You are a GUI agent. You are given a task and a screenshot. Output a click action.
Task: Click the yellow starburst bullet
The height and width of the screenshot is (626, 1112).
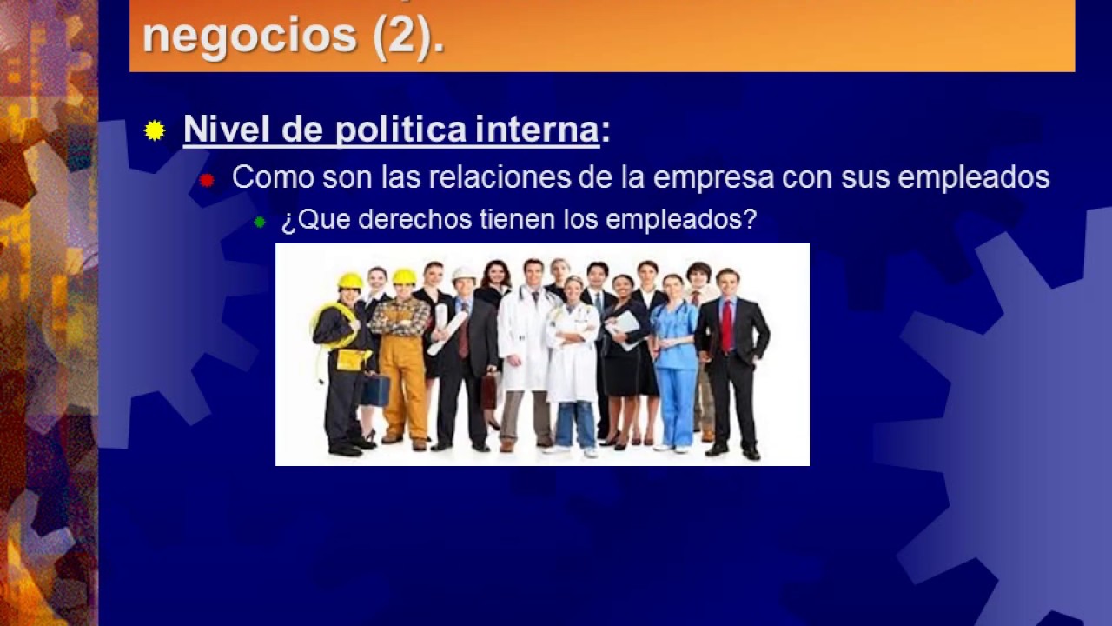click(x=155, y=130)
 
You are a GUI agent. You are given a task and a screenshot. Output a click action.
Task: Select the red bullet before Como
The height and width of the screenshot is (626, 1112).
click(x=207, y=180)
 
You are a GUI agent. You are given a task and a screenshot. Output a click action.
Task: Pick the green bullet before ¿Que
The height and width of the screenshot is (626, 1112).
click(x=259, y=222)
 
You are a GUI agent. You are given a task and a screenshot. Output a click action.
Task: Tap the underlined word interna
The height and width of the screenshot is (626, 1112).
click(x=537, y=130)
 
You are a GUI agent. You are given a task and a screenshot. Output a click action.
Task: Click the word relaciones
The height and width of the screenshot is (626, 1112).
click(x=500, y=176)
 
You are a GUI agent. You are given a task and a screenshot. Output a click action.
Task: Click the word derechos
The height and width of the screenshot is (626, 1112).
click(x=414, y=219)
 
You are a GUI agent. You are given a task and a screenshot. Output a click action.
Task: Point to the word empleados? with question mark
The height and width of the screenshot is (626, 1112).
click(x=681, y=220)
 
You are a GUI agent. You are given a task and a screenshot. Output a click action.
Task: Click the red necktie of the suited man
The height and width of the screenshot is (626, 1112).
click(x=727, y=326)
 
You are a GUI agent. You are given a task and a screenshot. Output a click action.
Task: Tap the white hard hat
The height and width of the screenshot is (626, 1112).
click(x=464, y=274)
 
